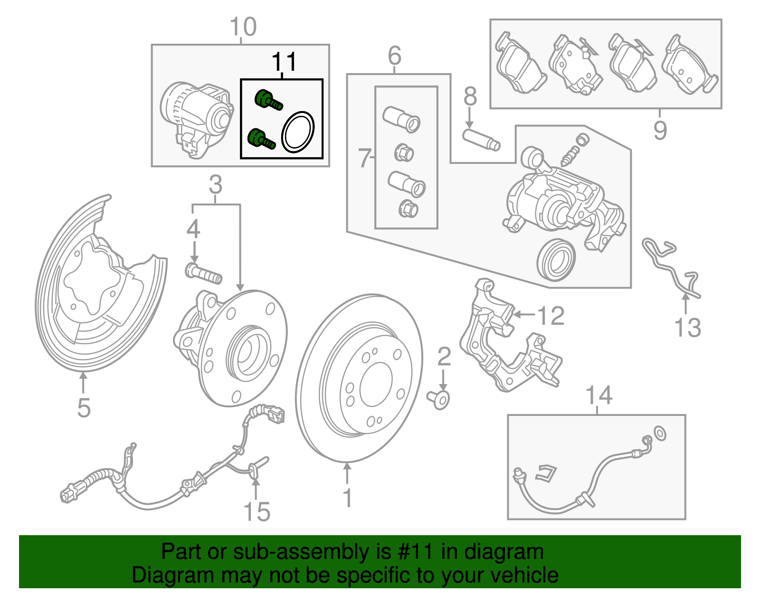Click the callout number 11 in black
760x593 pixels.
(284, 62)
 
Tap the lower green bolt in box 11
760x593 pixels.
(262, 139)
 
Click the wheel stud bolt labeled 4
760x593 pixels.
(203, 273)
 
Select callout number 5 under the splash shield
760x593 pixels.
(84, 408)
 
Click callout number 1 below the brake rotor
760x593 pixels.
(348, 498)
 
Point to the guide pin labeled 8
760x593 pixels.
(481, 140)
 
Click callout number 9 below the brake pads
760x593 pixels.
(660, 130)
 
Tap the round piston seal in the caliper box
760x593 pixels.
(556, 260)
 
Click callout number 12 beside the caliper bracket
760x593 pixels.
(551, 316)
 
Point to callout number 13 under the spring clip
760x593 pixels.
(687, 328)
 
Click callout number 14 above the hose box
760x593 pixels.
(598, 395)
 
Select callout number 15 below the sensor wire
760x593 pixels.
(256, 512)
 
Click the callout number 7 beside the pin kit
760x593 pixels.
(363, 158)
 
